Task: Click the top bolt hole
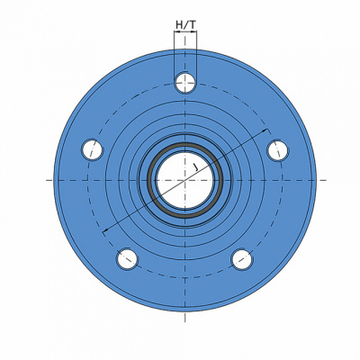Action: coord(185,83)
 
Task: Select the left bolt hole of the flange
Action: coord(93,149)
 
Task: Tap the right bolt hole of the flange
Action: coord(277,150)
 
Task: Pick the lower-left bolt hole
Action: coord(128,258)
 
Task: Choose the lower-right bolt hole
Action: coord(242,259)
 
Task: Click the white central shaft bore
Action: coord(185,180)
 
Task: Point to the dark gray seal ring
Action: coord(185,180)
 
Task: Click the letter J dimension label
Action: coord(195,167)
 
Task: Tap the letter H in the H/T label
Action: coord(179,25)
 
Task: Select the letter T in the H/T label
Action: coord(193,25)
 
